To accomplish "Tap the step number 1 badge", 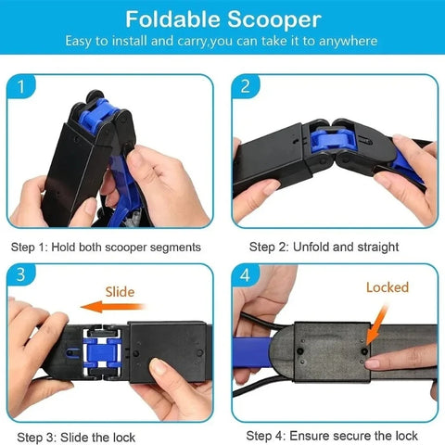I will pos(22,89).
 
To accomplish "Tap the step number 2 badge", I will pos(245,89).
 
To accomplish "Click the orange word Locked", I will pos(387,287).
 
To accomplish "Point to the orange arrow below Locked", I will pos(375,320).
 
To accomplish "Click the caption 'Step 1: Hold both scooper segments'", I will pos(106,248).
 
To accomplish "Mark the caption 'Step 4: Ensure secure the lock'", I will pos(331,436).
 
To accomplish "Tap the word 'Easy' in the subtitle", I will pos(82,41).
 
